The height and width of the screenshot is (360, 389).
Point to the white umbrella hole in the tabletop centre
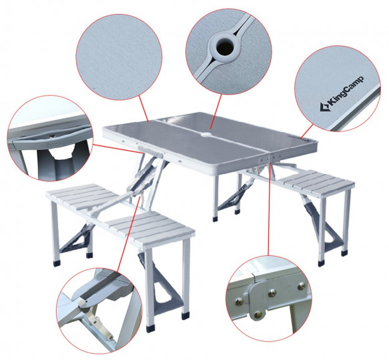[206, 135]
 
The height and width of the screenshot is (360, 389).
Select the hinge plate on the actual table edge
[268, 158]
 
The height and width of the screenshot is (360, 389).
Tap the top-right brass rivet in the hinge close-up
[302, 285]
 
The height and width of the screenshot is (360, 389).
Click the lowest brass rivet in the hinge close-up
[258, 315]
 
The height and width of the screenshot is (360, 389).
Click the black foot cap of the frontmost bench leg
[150, 329]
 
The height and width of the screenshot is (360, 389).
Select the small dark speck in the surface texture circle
[94, 87]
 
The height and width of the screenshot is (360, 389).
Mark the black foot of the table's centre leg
[216, 219]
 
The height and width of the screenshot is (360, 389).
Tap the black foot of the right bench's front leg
[321, 263]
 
